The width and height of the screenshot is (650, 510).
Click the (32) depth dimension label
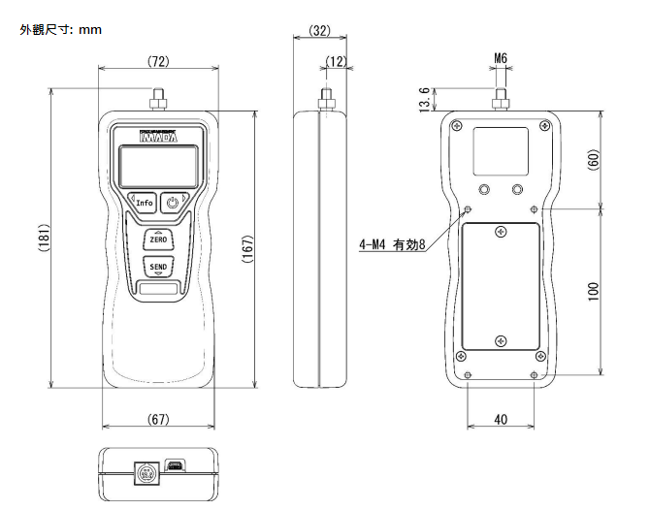(x=320, y=30)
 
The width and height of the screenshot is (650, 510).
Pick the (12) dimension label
(x=337, y=61)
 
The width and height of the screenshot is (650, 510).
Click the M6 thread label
(x=501, y=58)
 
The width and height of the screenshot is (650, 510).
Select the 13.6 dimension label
(x=425, y=99)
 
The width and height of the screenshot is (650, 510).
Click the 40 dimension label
(x=501, y=419)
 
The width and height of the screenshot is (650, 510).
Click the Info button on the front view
(x=144, y=203)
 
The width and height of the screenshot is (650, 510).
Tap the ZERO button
(x=157, y=239)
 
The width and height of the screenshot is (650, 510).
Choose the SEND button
(x=157, y=266)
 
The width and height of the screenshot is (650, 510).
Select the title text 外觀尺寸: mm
(x=61, y=30)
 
